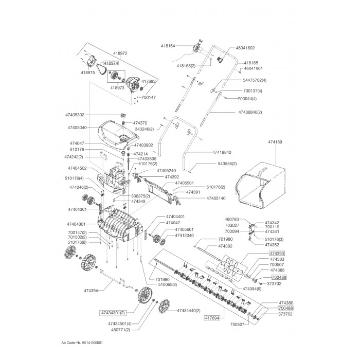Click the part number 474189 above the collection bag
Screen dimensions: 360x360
coord(275,142)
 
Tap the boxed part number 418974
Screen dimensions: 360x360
coord(111,63)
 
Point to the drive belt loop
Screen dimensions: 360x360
coord(101,68)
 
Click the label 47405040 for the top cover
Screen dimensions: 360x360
coord(77,128)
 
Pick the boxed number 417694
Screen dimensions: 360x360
coord(212,318)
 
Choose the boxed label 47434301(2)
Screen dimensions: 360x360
coord(113,313)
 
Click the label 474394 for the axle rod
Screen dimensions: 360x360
coord(91,291)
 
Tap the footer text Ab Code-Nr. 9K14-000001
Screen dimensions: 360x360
coord(82,343)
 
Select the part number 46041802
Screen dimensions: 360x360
coord(245,48)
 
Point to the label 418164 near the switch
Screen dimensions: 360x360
coord(168,46)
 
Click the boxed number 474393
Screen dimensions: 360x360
coord(277,254)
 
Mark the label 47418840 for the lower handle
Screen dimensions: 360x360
coord(222,152)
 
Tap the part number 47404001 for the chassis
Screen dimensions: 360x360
coord(76,224)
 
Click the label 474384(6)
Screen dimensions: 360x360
coord(251,289)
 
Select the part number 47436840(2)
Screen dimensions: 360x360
coord(250,112)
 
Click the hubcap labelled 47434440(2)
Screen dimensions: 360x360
coord(164,306)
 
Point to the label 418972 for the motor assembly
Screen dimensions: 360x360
coord(120,53)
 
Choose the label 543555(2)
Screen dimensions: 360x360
coord(227,164)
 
